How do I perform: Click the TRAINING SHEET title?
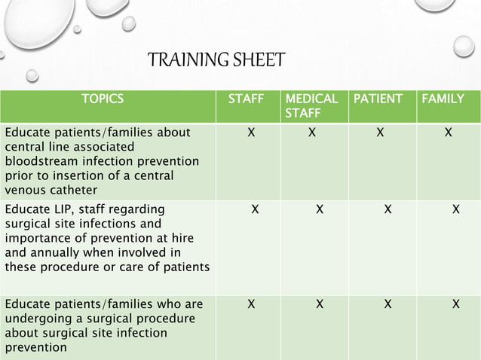click(216, 59)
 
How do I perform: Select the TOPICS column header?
click(103, 98)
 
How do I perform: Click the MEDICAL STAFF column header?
click(311, 105)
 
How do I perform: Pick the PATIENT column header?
click(378, 98)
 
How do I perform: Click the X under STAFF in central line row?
click(250, 133)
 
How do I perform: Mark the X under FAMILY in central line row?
click(449, 133)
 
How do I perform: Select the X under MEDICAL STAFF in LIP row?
click(320, 209)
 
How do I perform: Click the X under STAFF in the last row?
click(250, 304)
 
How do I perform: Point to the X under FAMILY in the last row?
click(455, 304)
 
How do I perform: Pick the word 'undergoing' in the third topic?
click(35, 319)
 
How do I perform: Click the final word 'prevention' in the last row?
click(35, 347)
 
